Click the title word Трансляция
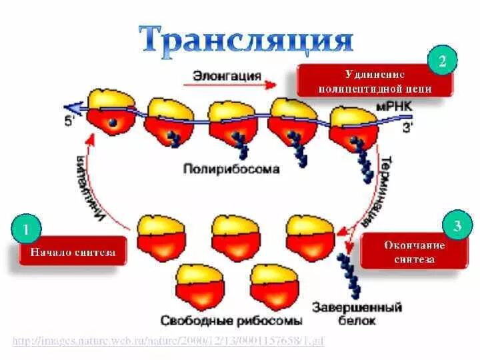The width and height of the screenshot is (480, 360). [x=246, y=38]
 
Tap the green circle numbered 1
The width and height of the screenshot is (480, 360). [x=26, y=230]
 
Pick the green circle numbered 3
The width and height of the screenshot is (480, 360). [x=457, y=226]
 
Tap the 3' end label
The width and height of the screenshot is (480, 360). [x=408, y=129]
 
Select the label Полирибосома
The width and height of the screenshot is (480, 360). [x=231, y=169]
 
